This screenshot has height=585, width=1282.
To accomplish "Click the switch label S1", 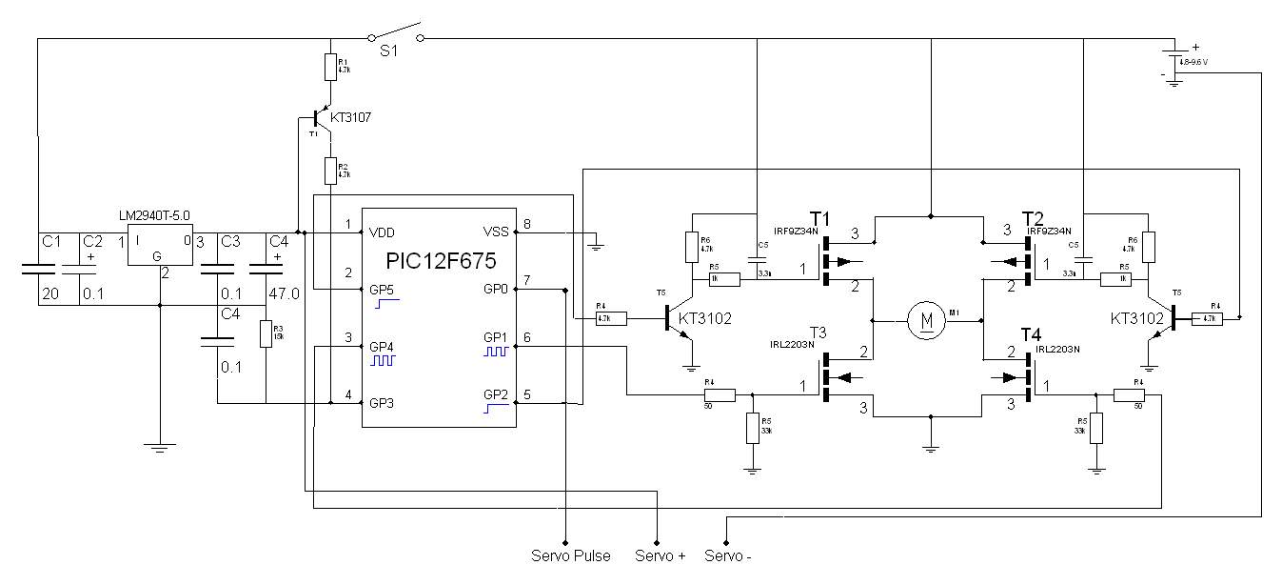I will [x=388, y=54].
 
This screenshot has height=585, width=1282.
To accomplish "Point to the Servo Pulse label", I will [x=571, y=555].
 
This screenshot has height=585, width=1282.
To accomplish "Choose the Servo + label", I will [x=660, y=555].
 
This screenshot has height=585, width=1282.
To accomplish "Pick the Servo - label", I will [x=728, y=555].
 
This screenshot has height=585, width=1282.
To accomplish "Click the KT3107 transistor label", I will [x=350, y=118].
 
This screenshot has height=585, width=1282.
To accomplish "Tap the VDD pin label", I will [x=384, y=232].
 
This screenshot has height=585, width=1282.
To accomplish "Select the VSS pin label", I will [x=496, y=232].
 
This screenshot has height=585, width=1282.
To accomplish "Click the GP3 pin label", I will [x=384, y=402].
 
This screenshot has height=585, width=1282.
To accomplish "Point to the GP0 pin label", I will [x=496, y=289].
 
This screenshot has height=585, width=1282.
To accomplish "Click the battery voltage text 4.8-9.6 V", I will [x=1199, y=62].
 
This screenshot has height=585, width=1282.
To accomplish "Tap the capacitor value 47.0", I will [x=284, y=294].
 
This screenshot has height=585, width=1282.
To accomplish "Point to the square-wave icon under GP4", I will [x=383, y=361].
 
